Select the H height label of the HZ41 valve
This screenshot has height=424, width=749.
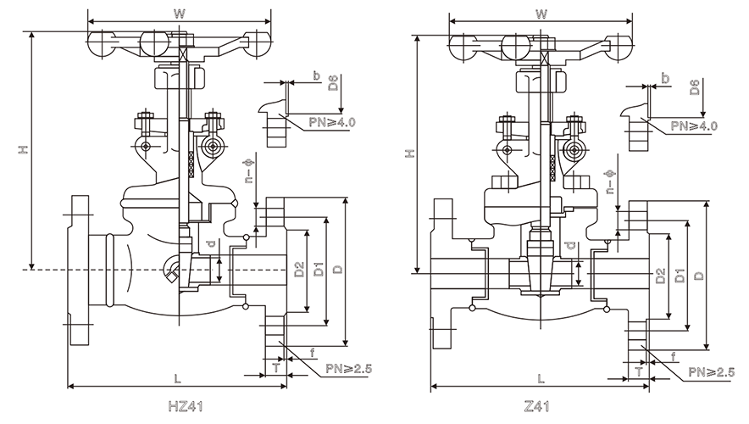(x=25, y=150)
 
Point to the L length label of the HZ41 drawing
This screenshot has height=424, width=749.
(x=175, y=377)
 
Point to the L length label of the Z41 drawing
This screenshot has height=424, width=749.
(x=541, y=377)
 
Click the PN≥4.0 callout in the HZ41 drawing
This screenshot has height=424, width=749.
(x=334, y=124)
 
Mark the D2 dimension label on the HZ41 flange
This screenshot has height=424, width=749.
(x=299, y=271)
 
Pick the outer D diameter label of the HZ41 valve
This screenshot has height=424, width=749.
(x=337, y=270)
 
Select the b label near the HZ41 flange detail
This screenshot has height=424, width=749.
(x=315, y=77)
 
